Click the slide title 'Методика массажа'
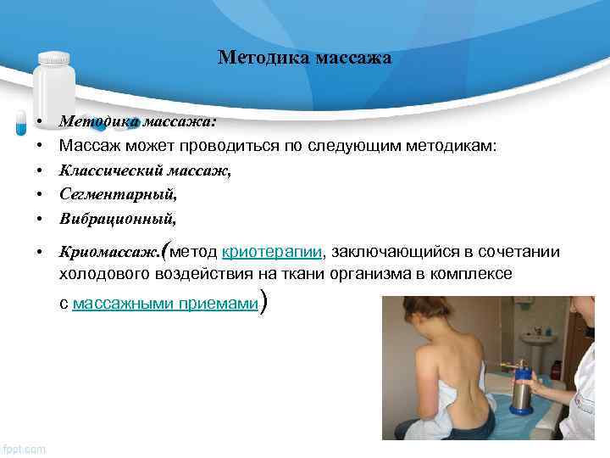pyautogui.click(x=304, y=58)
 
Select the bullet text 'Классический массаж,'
pyautogui.click(x=145, y=170)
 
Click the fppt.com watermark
pyautogui.click(x=25, y=447)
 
